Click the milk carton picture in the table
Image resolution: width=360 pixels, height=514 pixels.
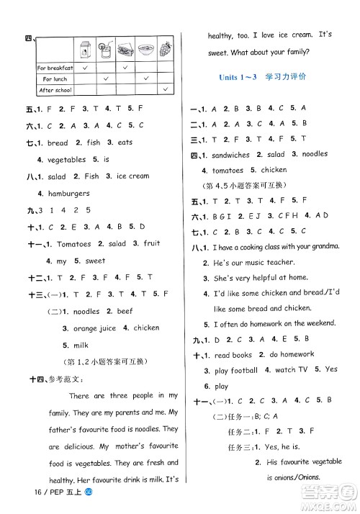[x=85, y=50]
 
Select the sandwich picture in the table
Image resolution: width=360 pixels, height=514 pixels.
[x=125, y=50]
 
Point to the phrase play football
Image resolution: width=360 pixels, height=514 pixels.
[x=236, y=370]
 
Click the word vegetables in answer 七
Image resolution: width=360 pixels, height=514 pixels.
[x=66, y=160]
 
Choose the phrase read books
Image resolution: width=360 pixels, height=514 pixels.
[x=233, y=355]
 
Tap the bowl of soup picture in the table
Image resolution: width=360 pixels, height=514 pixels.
[x=145, y=50]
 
